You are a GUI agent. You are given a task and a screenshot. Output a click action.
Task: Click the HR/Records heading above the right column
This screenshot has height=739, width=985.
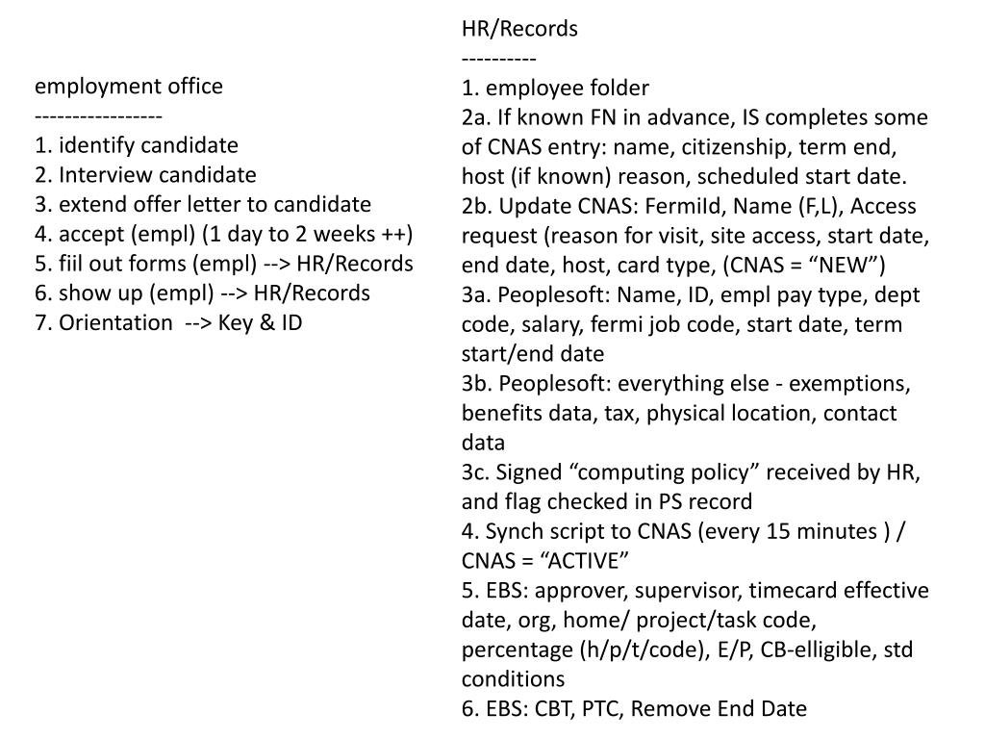point(519,29)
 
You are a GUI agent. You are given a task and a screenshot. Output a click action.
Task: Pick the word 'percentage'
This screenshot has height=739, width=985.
point(516,649)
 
